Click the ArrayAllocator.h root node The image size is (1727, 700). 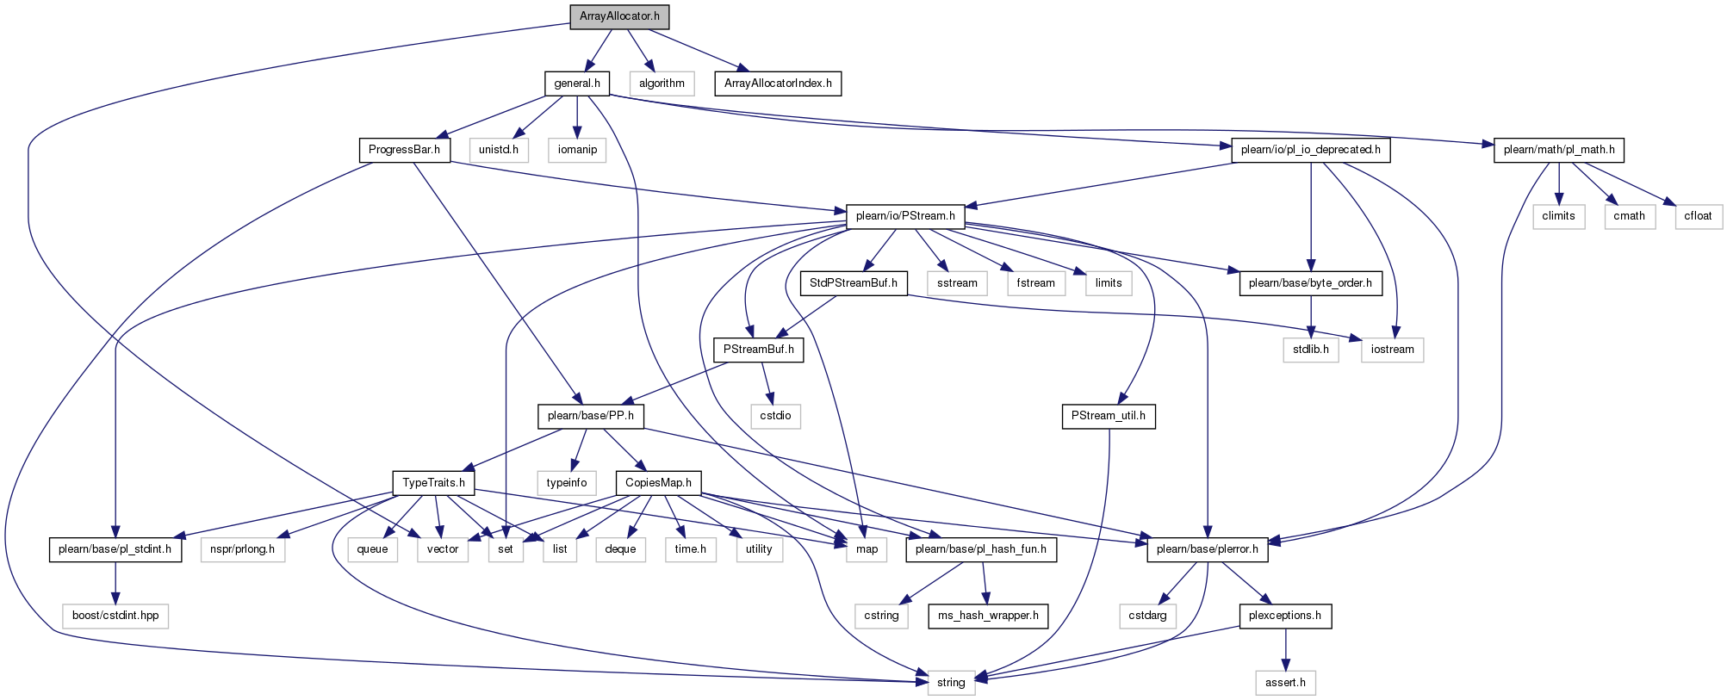tap(619, 16)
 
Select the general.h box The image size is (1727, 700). tap(577, 84)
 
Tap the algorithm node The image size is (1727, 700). tap(662, 84)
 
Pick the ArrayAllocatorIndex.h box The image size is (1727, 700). tap(778, 84)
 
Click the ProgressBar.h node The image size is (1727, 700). tap(404, 150)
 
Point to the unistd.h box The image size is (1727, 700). tap(499, 150)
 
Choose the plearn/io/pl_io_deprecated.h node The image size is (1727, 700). tap(1311, 150)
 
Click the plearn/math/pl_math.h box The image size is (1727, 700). tap(1559, 150)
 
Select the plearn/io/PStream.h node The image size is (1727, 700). tap(905, 216)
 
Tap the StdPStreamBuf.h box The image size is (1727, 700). tap(854, 283)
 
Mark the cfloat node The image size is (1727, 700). tap(1698, 216)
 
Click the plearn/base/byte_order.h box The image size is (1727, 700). tap(1310, 283)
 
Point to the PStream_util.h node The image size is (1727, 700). tap(1109, 416)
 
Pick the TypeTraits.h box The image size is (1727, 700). tap(433, 483)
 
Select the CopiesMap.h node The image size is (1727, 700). tap(658, 483)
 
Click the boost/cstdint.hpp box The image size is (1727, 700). tap(115, 616)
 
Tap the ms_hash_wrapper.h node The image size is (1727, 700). tap(988, 616)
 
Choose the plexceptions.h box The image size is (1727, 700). tap(1285, 616)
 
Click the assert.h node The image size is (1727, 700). tap(1285, 683)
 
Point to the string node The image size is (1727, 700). tap(951, 683)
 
